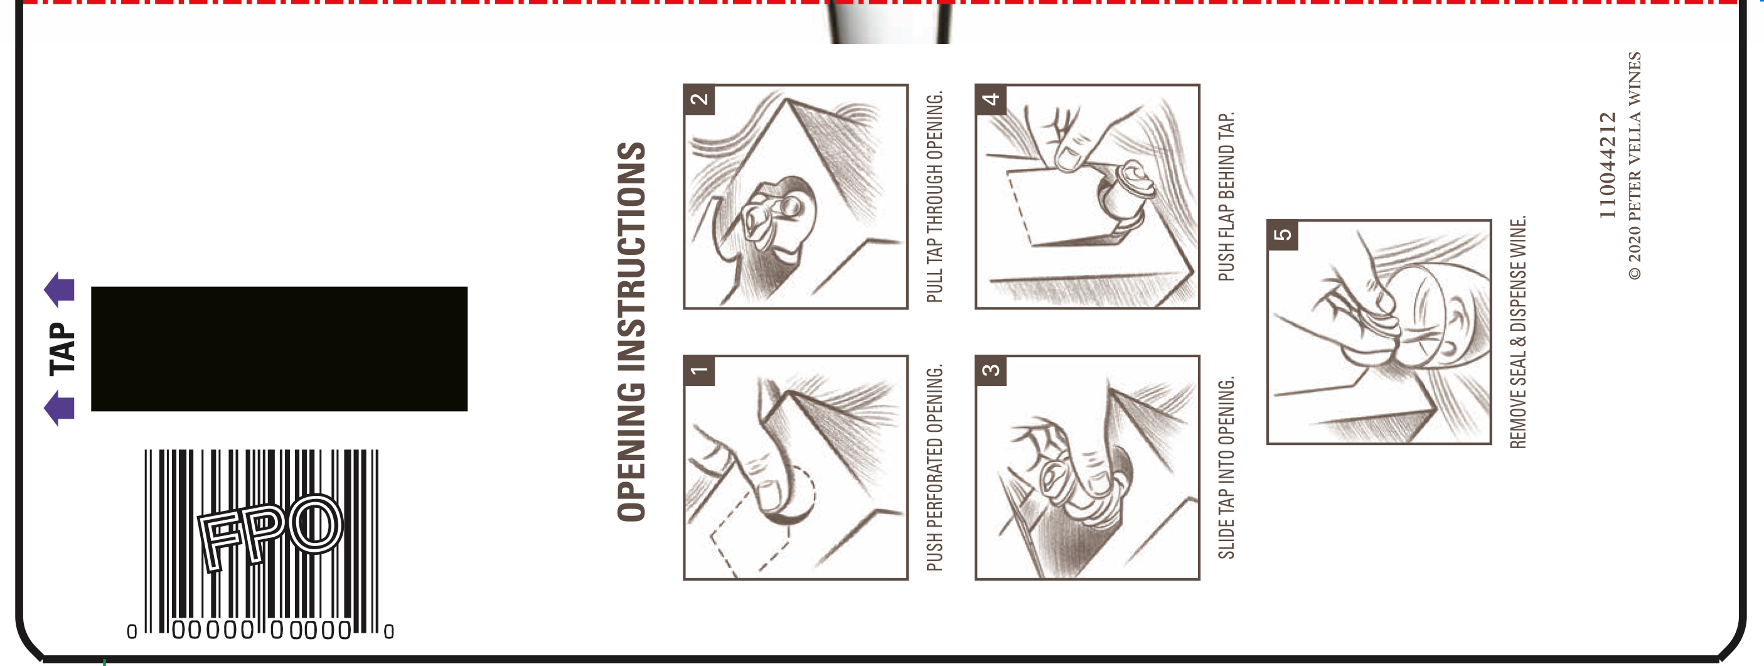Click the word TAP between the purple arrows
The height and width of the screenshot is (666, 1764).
(x=62, y=349)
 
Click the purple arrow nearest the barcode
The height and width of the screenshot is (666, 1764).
(x=60, y=409)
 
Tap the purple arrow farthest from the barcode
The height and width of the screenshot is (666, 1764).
(x=60, y=290)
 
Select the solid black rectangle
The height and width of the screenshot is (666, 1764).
(x=279, y=349)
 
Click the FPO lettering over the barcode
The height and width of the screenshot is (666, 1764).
(x=270, y=532)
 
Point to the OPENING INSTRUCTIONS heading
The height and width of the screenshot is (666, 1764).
(x=631, y=331)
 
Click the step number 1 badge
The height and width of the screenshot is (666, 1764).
(x=699, y=371)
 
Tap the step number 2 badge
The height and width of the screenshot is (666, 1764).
(x=699, y=99)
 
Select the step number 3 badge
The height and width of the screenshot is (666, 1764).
(x=991, y=371)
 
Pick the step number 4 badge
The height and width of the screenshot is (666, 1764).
(x=991, y=99)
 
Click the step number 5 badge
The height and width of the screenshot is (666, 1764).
(x=1283, y=235)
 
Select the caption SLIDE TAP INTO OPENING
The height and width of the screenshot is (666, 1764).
(x=1226, y=467)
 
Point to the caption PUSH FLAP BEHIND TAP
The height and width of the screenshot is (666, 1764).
(x=1226, y=196)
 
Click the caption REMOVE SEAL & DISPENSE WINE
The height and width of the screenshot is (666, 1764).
(x=1518, y=332)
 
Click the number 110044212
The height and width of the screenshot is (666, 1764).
(x=1607, y=166)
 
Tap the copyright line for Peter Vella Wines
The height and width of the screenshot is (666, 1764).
(x=1635, y=166)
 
